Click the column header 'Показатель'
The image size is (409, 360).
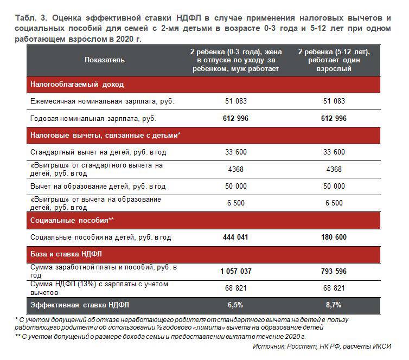click(105, 60)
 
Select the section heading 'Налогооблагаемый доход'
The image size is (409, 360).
click(77, 85)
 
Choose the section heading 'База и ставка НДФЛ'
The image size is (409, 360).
click(66, 253)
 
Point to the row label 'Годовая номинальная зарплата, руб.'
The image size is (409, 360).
click(94, 118)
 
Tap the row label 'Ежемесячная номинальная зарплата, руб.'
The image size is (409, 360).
click(102, 101)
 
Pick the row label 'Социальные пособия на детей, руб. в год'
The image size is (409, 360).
click(101, 237)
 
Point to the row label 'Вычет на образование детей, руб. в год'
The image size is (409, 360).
click(98, 186)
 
